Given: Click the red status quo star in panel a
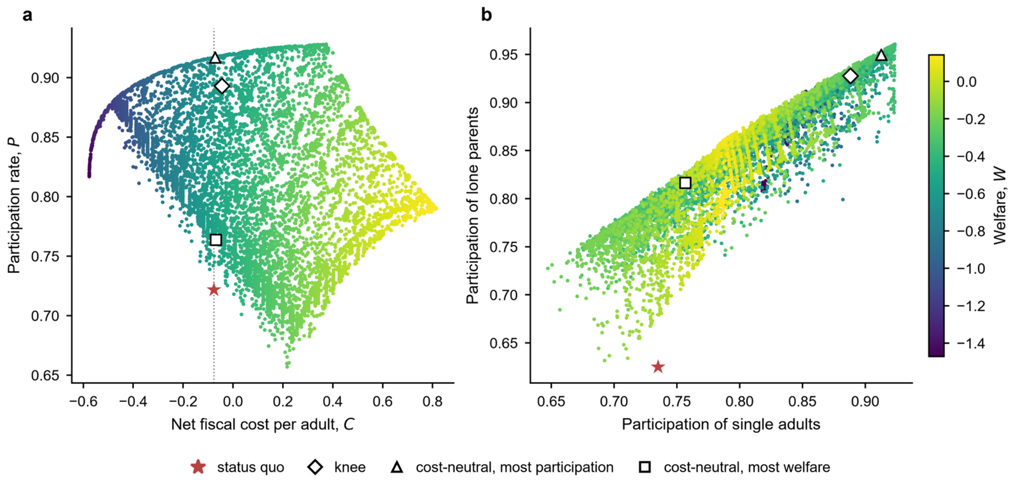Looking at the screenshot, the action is click(x=214, y=290).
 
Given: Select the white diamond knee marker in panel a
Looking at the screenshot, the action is click(x=221, y=86).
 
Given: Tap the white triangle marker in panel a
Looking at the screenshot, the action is click(x=215, y=58).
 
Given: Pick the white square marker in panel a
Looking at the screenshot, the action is click(x=216, y=240).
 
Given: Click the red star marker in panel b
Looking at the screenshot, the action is click(x=658, y=367).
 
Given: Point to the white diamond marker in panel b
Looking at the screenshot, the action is click(x=850, y=76).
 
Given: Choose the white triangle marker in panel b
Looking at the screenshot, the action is click(x=881, y=55).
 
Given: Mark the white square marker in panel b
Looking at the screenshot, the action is click(x=685, y=183).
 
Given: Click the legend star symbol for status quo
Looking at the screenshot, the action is click(x=198, y=467).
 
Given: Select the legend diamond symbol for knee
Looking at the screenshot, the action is click(x=315, y=467).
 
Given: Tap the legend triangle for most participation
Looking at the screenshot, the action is click(x=397, y=467).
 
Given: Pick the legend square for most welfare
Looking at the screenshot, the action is click(x=645, y=467).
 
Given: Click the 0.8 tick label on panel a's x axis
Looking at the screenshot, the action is click(x=432, y=402).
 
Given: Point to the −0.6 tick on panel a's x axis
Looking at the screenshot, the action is click(x=83, y=402).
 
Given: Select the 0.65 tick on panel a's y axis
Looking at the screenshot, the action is click(x=45, y=375).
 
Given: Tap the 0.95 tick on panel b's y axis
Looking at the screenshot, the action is click(x=503, y=55).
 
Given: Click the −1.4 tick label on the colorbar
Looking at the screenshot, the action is click(x=971, y=343).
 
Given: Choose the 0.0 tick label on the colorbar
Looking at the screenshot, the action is click(x=966, y=81).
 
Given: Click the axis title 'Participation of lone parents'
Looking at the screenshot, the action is click(x=472, y=206).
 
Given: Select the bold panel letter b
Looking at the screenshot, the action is click(x=486, y=15).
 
